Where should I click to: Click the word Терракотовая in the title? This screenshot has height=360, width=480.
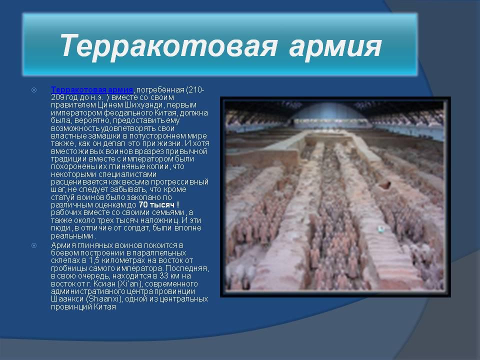click(x=168, y=45)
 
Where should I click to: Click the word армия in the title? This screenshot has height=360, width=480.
click(x=335, y=48)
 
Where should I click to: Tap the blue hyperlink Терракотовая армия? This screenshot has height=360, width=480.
click(x=92, y=89)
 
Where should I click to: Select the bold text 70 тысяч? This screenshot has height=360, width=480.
click(x=156, y=204)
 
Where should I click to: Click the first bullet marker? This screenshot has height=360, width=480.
click(x=34, y=90)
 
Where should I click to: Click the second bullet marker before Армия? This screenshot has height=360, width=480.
click(x=34, y=245)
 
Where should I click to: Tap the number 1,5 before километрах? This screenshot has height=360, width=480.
click(x=94, y=261)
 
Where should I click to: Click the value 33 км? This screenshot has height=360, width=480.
click(x=167, y=276)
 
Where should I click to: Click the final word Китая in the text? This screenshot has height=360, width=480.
click(x=105, y=306)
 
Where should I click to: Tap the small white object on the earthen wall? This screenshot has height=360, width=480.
click(x=381, y=228)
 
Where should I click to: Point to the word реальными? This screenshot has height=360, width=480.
click(x=73, y=235)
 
